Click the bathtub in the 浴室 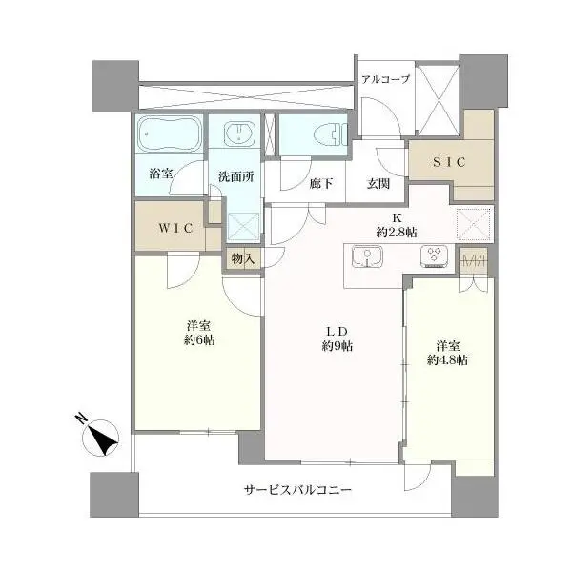click(170, 133)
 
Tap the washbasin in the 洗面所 click(239, 133)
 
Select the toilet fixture click(331, 134)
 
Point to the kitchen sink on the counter click(367, 256)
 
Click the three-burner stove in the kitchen click(434, 256)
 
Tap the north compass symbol click(99, 436)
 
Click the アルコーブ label click(385, 79)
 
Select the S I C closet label click(449, 162)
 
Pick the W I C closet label click(175, 228)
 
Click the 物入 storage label click(243, 259)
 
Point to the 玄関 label click(378, 183)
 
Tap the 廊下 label click(321, 183)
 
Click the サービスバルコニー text click(297, 490)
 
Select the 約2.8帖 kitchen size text click(397, 233)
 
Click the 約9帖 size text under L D click(337, 346)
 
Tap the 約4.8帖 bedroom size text click(447, 360)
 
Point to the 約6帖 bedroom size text click(199, 340)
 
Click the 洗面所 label click(236, 177)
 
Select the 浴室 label click(161, 174)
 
